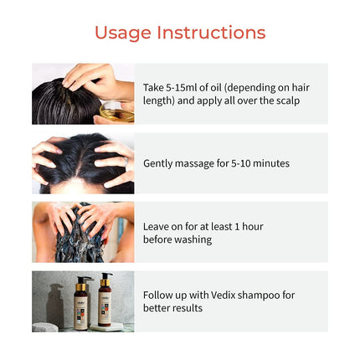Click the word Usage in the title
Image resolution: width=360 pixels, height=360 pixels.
[x=123, y=33]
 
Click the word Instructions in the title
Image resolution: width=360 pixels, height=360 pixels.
[x=211, y=33]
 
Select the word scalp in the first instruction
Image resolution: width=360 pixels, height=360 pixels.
[x=288, y=100]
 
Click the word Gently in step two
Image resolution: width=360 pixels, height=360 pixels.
[x=157, y=163]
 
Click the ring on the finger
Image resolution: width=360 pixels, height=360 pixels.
[x=126, y=162]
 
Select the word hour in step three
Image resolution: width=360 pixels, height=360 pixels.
[x=253, y=227]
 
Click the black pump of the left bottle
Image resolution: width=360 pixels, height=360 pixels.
[x=84, y=280]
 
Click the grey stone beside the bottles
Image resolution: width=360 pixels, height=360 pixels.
[x=44, y=327]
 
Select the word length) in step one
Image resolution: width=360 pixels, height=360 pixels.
[x=159, y=100]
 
